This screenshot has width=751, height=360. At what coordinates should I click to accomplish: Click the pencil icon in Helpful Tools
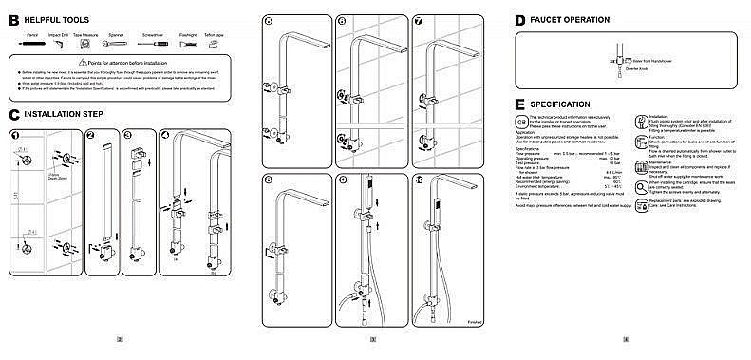click(x=30, y=43)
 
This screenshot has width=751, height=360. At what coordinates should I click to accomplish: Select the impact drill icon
click(x=58, y=43)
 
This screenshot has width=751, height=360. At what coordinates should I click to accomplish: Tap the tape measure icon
click(x=86, y=43)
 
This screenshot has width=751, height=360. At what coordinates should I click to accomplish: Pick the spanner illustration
click(x=116, y=43)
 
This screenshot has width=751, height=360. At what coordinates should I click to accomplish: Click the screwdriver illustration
click(x=153, y=43)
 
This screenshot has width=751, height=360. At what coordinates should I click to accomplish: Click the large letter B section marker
click(x=14, y=19)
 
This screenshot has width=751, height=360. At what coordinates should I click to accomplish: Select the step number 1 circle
click(x=15, y=135)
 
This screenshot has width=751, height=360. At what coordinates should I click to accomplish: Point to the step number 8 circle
click(x=269, y=180)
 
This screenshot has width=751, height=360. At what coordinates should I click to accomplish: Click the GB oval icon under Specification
click(x=520, y=122)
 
